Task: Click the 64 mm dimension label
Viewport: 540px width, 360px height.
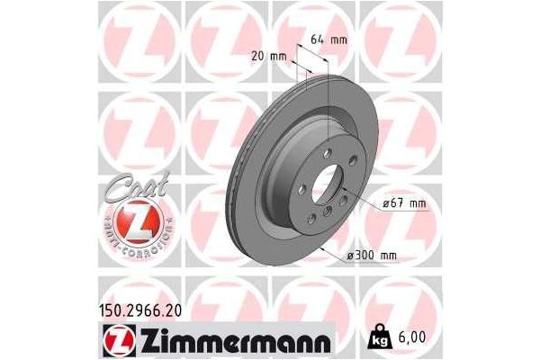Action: tap(328, 40)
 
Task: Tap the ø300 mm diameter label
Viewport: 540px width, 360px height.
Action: tap(372, 256)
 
